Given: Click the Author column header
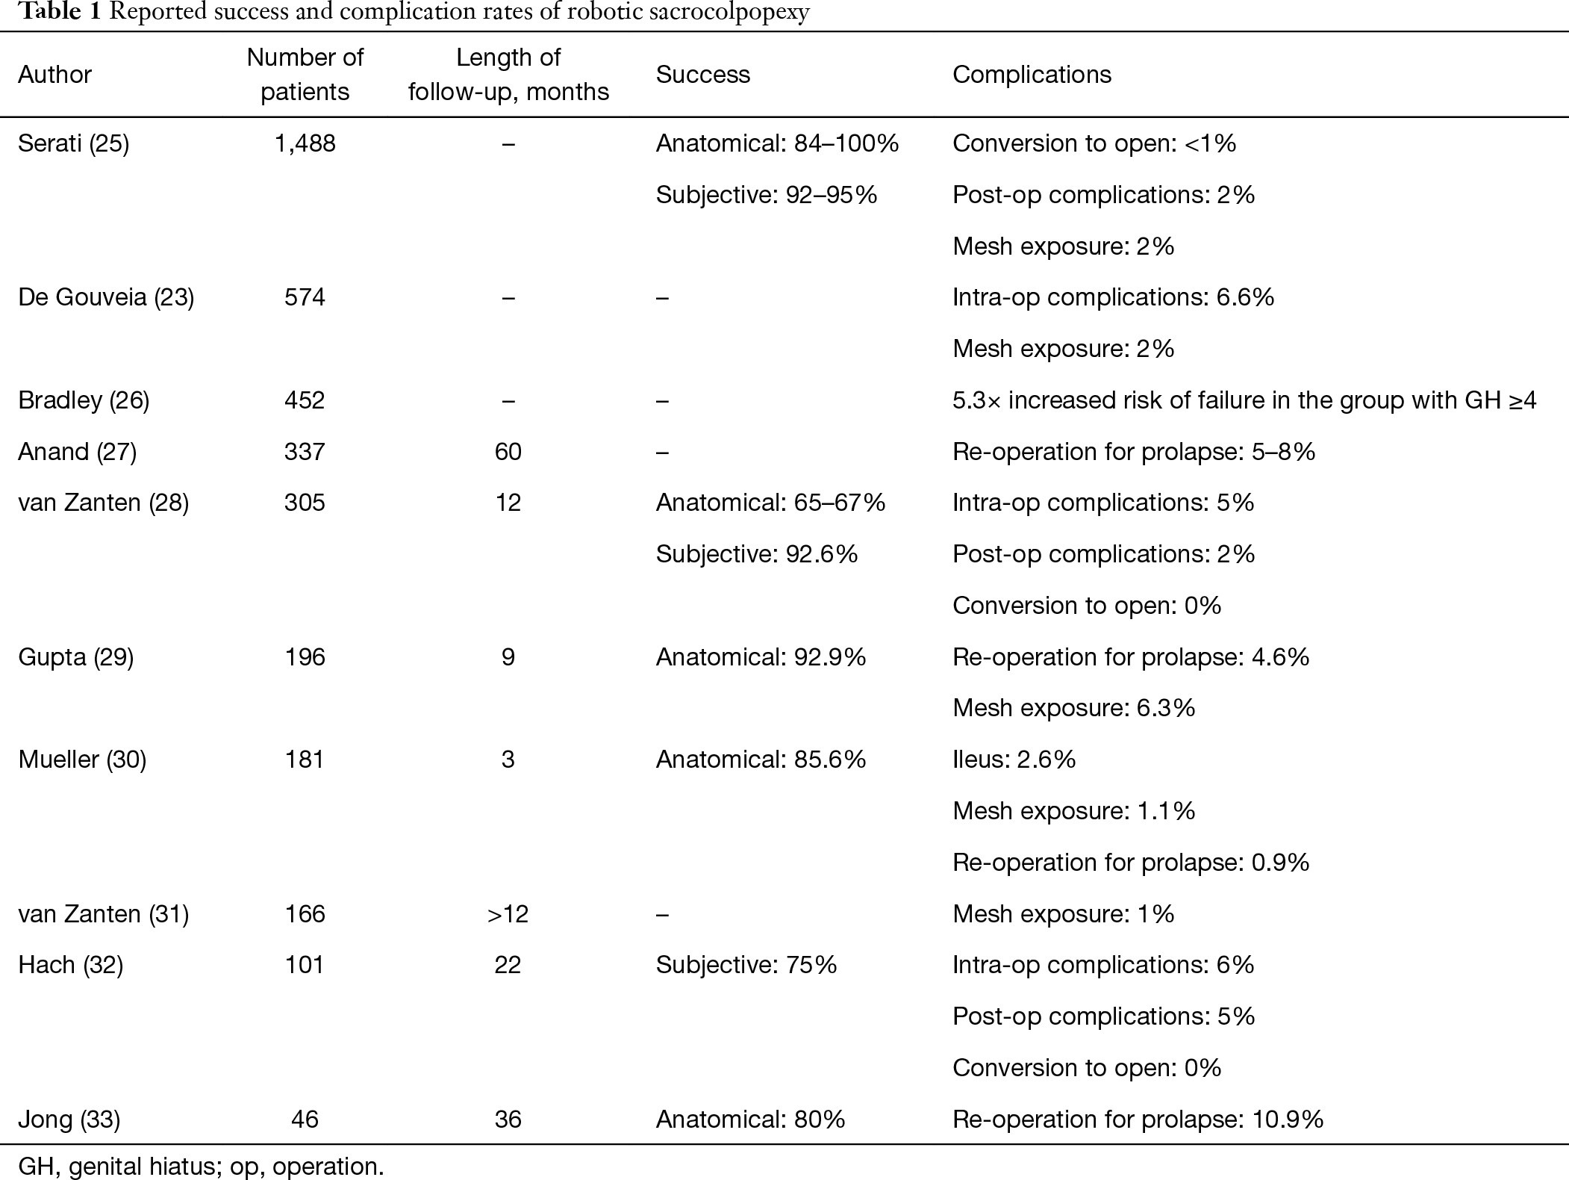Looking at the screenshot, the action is click(x=54, y=75).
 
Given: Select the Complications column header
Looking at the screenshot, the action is click(x=1032, y=75).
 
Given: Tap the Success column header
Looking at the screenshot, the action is click(x=703, y=75).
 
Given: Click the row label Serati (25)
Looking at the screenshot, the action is click(x=73, y=143).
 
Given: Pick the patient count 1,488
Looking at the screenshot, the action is click(x=305, y=143).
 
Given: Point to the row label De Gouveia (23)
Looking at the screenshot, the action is click(x=106, y=297).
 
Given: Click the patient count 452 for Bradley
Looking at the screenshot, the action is click(x=305, y=400).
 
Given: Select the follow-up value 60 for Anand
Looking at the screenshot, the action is click(x=508, y=452).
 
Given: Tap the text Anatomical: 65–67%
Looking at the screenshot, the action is click(x=771, y=503).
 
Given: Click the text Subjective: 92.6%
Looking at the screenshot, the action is click(x=757, y=554).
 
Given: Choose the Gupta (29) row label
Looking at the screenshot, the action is click(x=76, y=657).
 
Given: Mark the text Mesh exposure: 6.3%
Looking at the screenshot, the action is click(x=1074, y=708).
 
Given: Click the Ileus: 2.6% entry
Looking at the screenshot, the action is click(x=1014, y=760).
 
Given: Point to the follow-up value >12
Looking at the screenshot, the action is click(x=508, y=914).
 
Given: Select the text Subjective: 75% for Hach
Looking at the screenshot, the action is click(x=746, y=965).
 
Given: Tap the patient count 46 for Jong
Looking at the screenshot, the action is click(x=305, y=1120).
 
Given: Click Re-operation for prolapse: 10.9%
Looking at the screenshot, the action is click(x=1138, y=1120).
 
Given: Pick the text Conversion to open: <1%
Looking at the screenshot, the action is click(x=1094, y=143).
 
